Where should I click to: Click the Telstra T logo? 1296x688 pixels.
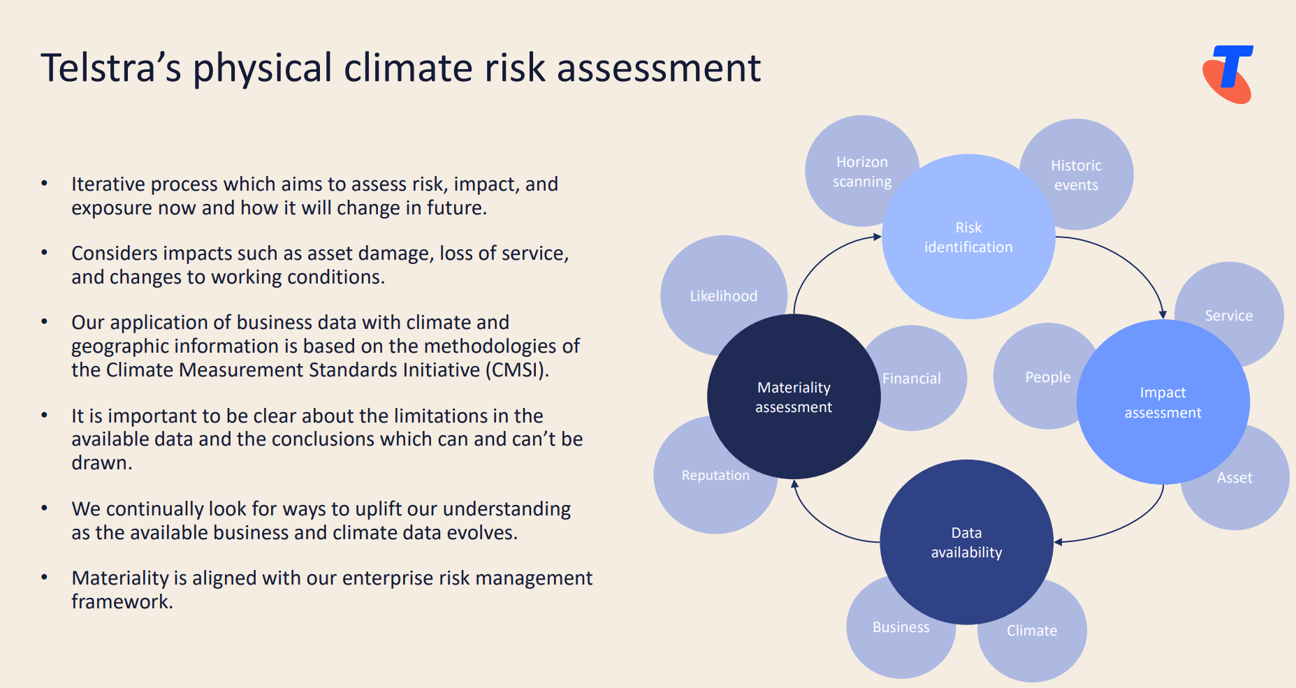point(1228,74)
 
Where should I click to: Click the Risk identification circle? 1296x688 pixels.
point(968,237)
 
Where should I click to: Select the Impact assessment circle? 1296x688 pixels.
point(1163,402)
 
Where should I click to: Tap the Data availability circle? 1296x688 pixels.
point(966,543)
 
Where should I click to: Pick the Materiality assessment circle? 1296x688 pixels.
point(794,397)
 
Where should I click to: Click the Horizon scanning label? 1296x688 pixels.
point(862,172)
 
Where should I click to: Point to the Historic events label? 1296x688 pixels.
point(1076,175)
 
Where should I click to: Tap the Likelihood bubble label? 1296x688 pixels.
point(723,296)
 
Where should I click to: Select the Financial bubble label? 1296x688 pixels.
point(912,379)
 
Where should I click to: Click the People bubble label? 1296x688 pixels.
point(1047,377)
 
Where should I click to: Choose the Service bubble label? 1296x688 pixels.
point(1228,316)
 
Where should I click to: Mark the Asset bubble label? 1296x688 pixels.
point(1235,478)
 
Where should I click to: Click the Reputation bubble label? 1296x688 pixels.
point(715,476)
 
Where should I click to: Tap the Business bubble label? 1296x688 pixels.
point(901,627)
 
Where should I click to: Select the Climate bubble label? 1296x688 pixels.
point(1031,631)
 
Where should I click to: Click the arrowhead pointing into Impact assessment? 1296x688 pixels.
point(1163,314)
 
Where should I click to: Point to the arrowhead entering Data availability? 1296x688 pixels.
point(1058,542)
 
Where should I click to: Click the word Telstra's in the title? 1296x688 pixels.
point(110,68)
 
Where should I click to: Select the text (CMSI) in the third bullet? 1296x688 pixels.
point(517,369)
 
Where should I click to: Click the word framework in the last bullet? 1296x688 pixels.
point(121,602)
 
